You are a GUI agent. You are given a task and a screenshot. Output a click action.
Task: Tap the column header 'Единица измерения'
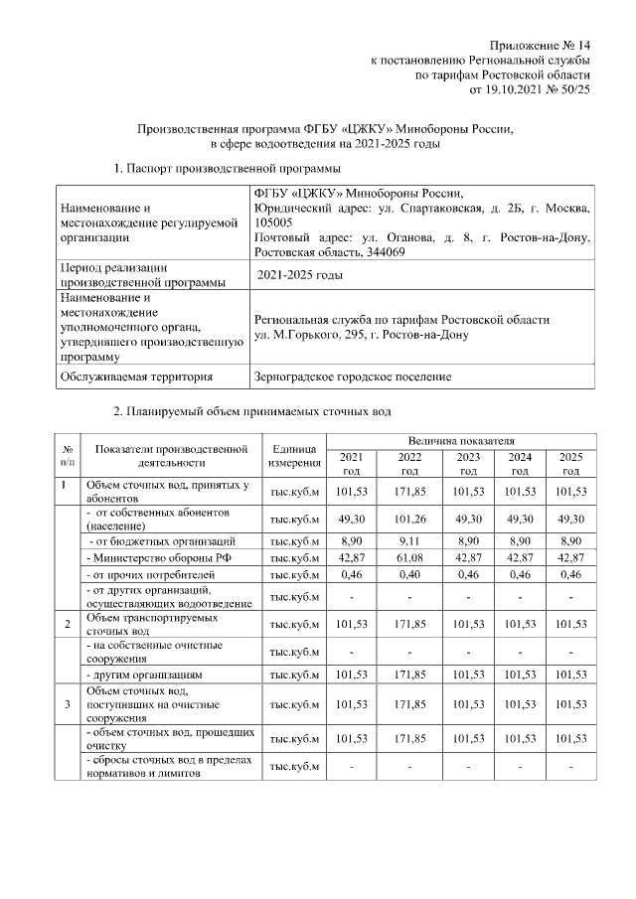(x=294, y=456)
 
